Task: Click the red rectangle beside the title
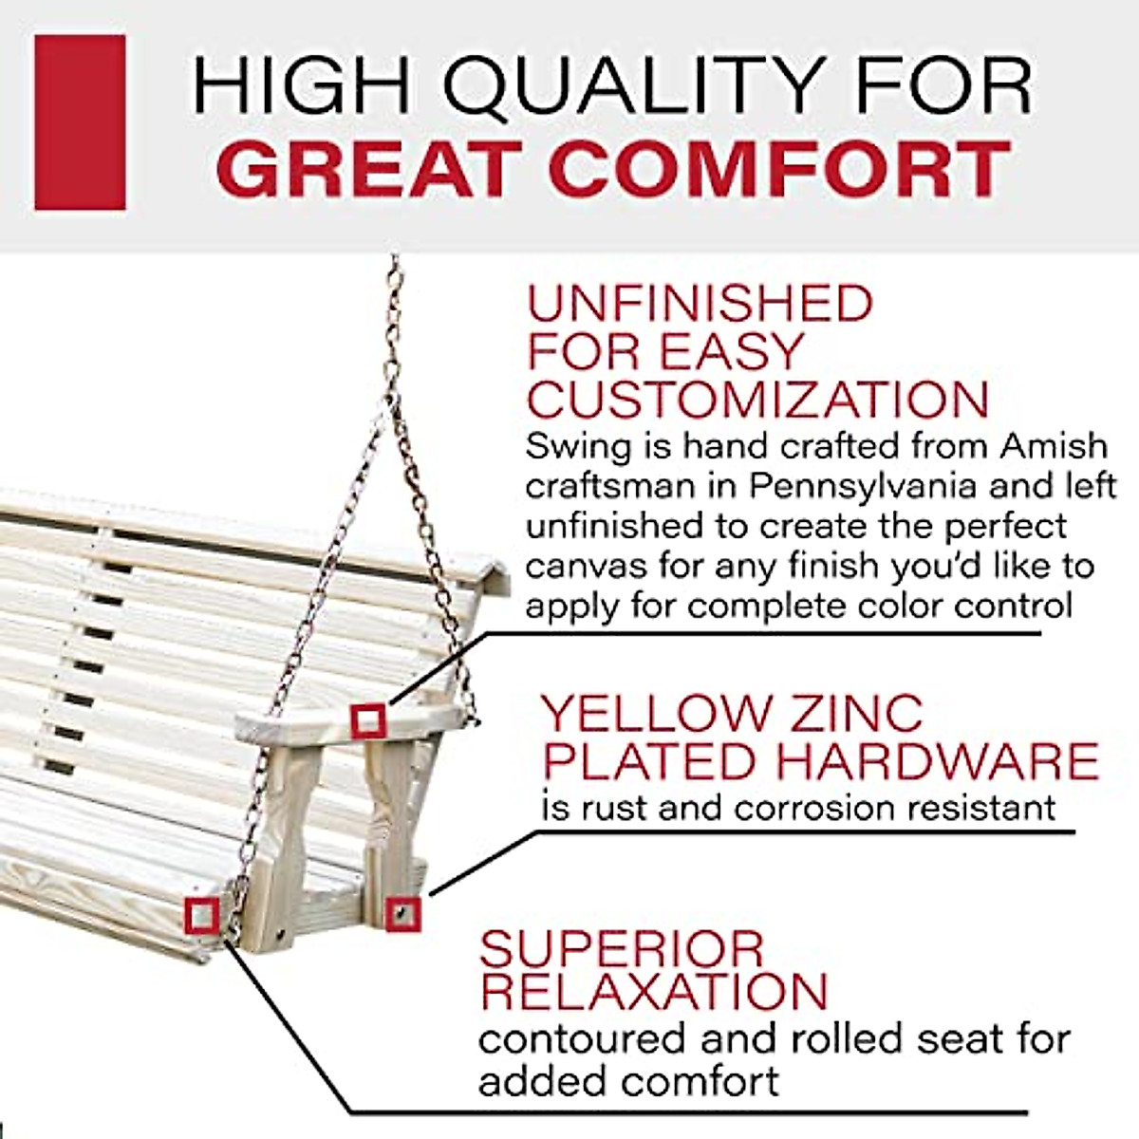tap(80, 122)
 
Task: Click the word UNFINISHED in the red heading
tap(700, 304)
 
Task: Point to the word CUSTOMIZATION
tap(757, 400)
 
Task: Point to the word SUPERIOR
tap(622, 949)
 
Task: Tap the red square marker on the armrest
tap(368, 721)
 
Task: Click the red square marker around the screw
tap(403, 913)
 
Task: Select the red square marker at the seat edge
tap(202, 916)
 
